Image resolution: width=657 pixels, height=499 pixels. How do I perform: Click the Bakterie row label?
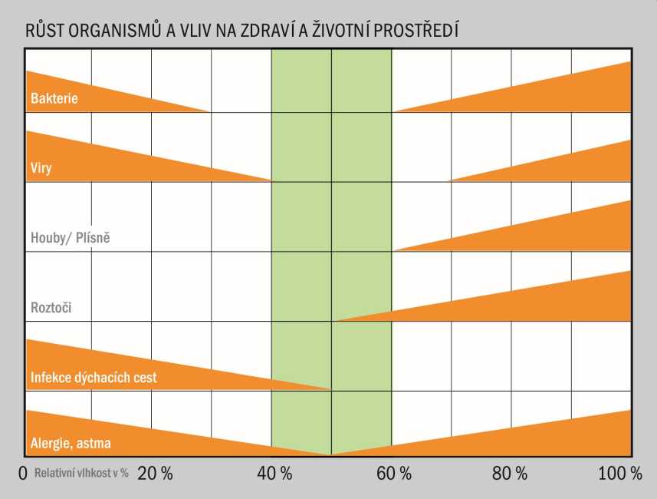[54, 99]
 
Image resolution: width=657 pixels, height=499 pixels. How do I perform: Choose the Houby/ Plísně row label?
[71, 238]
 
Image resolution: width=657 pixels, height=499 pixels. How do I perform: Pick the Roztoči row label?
[51, 309]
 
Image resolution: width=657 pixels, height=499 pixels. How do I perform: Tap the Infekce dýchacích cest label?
[94, 378]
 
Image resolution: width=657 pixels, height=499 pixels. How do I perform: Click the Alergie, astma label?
[75, 444]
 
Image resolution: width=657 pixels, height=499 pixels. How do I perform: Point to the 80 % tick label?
[510, 474]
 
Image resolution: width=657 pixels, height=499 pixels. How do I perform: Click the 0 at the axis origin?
[24, 474]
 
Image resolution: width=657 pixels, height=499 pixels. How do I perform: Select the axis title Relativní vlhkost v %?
[81, 474]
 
